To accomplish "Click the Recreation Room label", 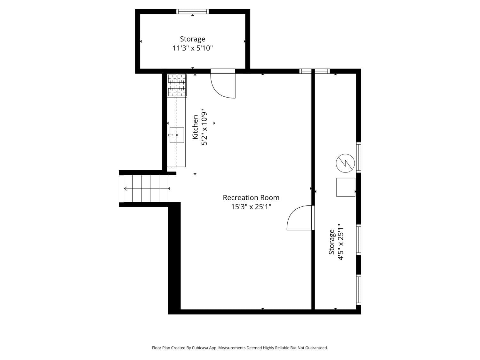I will (251, 197).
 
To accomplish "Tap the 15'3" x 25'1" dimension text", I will (251, 207).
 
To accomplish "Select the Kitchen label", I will (195, 127).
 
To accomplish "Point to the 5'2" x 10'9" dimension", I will (204, 127).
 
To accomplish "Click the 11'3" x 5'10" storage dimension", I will (192, 48).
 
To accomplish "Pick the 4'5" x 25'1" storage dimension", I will (340, 242).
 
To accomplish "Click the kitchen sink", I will (177, 135).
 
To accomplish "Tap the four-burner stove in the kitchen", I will (177, 85).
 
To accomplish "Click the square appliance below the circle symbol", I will (346, 187).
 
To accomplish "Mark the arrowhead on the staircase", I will (126, 188).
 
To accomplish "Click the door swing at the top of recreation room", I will (223, 85).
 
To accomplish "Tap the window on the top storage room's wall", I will (192, 12).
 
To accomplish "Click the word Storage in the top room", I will (192, 39).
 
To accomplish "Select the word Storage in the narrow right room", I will (332, 242).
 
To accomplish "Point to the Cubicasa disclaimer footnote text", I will (240, 348).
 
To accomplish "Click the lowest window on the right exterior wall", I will (359, 290).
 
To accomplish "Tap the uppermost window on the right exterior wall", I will (359, 157).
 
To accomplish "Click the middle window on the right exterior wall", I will (359, 240).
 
